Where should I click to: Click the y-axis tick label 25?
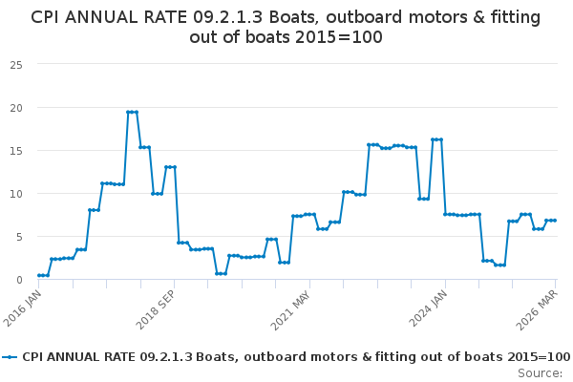[16, 65]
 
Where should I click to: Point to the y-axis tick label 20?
[16, 108]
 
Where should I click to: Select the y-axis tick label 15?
[16, 151]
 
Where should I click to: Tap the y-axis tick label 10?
[16, 194]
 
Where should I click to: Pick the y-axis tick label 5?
[19, 237]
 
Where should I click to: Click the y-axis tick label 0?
[19, 280]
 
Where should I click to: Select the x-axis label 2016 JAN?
[22, 308]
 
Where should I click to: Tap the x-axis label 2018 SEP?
[156, 310]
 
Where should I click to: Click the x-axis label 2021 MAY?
[290, 310]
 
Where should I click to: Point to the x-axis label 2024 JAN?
[428, 308]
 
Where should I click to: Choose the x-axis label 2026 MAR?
[537, 310]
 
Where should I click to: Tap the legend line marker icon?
[10, 357]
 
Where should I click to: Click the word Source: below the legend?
[540, 373]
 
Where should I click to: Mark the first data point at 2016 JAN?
[39, 275]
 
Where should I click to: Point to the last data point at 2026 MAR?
[555, 221]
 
